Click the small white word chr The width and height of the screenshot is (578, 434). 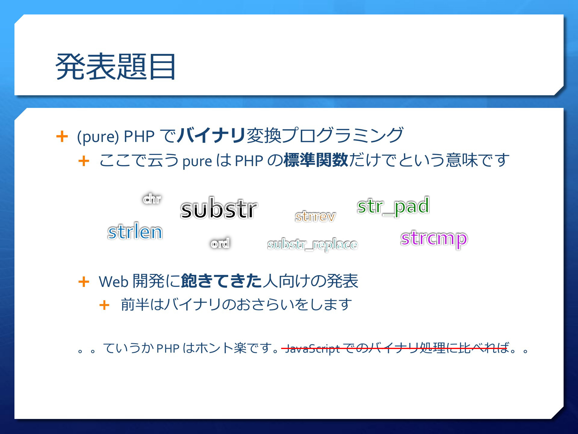(x=152, y=199)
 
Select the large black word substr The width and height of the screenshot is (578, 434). (x=219, y=208)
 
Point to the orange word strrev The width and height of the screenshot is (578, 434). (x=315, y=216)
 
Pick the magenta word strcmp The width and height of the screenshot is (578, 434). (x=434, y=239)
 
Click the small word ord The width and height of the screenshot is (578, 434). (x=220, y=243)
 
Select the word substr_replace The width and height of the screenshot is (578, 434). (x=312, y=245)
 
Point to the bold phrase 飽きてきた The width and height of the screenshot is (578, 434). (x=222, y=281)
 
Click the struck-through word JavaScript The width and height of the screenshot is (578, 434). (x=312, y=349)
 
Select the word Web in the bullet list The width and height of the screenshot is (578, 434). (x=114, y=281)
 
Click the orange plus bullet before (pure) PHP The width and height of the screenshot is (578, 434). (x=62, y=136)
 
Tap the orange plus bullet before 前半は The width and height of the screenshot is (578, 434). (x=104, y=305)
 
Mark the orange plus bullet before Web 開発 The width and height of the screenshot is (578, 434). (x=84, y=282)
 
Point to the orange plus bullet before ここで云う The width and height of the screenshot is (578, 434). (x=84, y=161)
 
